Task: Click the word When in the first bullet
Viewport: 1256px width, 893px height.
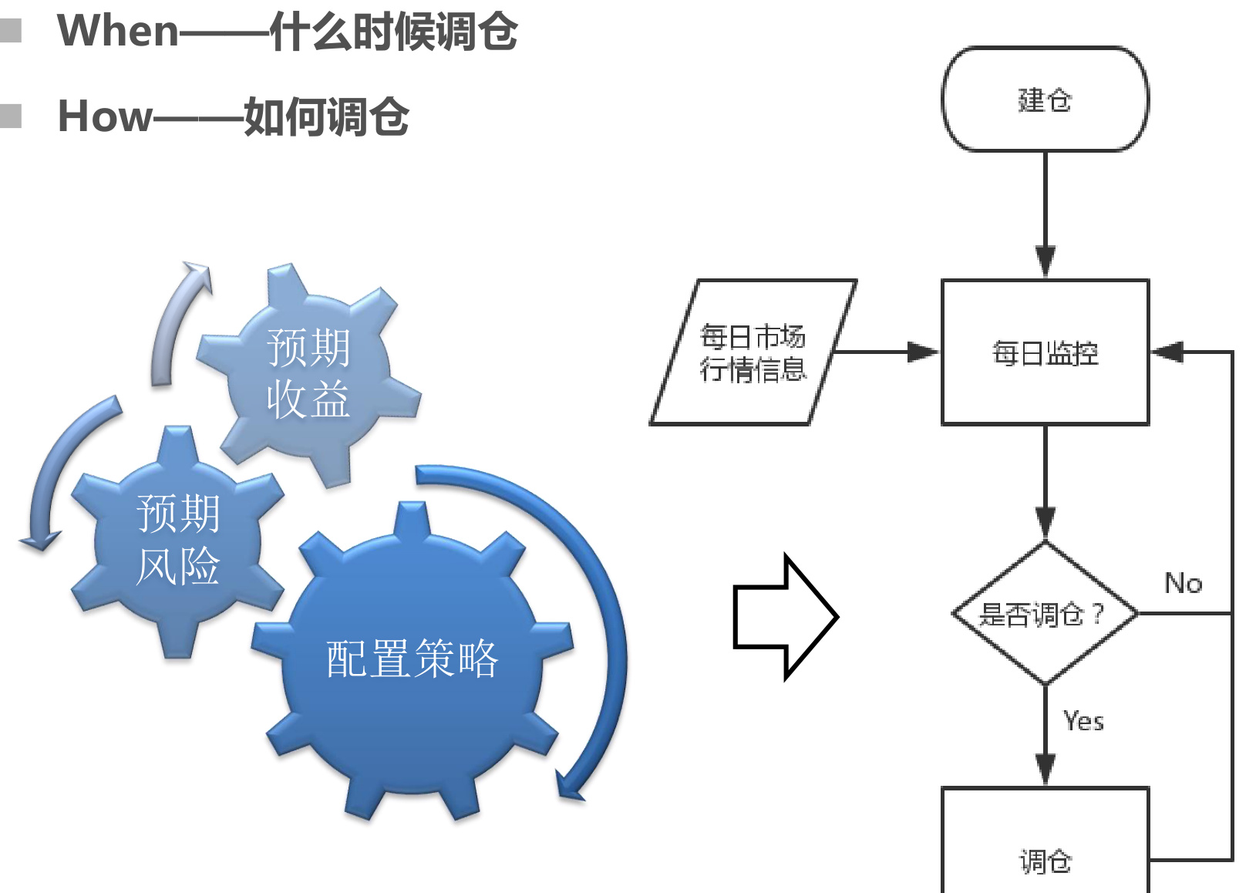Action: click(118, 32)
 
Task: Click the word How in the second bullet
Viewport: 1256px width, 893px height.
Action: click(105, 116)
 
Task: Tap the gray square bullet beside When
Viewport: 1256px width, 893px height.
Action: click(10, 31)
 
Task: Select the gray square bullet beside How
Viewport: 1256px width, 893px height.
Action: click(10, 116)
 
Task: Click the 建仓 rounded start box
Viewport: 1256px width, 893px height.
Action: click(1045, 99)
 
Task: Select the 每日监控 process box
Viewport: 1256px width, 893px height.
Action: click(1045, 352)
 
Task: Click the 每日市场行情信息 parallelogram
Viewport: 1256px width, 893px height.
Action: click(753, 352)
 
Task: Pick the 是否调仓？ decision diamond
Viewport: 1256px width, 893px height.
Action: click(1045, 614)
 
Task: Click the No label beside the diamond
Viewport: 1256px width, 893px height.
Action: click(1183, 583)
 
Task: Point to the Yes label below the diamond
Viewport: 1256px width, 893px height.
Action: click(1083, 721)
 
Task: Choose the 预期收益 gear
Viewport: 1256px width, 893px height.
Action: click(308, 374)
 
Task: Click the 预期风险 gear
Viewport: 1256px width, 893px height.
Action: click(178, 540)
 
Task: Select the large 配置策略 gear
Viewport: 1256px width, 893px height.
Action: click(412, 659)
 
